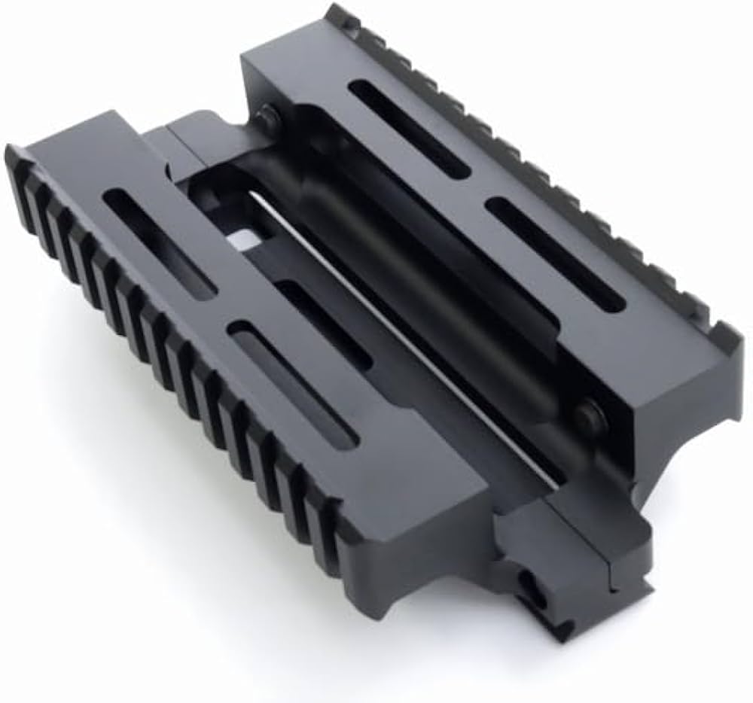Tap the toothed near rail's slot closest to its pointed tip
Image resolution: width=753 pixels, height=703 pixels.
159,240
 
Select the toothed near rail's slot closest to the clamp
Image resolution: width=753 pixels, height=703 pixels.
294,383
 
